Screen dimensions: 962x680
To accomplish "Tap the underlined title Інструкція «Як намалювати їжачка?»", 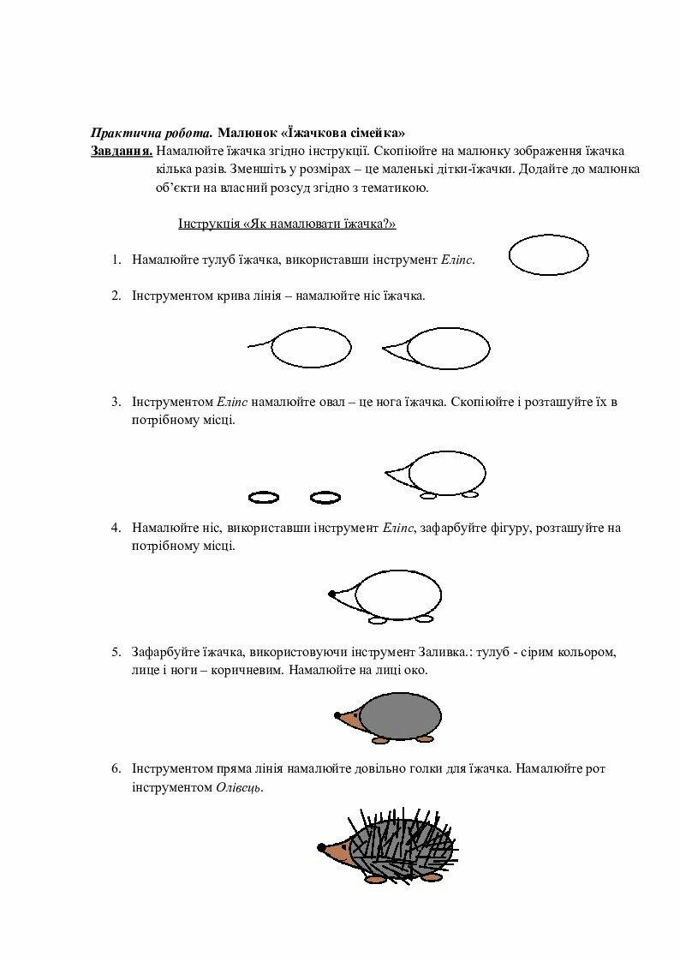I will pyautogui.click(x=287, y=224).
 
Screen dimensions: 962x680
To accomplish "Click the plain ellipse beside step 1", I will pyautogui.click(x=549, y=255).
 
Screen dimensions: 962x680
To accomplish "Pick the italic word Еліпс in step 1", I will pyautogui.click(x=456, y=259).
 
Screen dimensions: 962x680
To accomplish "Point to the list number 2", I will pyautogui.click(x=116, y=296).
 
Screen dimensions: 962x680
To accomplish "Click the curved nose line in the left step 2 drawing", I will pyautogui.click(x=259, y=344).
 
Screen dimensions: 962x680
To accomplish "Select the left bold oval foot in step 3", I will pyautogui.click(x=263, y=497).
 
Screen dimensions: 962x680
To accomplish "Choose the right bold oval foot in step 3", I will pyautogui.click(x=325, y=497).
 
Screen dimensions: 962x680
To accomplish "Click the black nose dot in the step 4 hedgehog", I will pyautogui.click(x=331, y=593).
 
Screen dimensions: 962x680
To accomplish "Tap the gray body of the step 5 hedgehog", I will pyautogui.click(x=401, y=715).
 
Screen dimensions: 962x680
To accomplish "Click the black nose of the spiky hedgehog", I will pyautogui.click(x=321, y=848).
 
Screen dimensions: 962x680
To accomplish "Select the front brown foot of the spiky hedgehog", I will pyautogui.click(x=375, y=879).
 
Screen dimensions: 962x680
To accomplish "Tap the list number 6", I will pyautogui.click(x=116, y=768).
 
